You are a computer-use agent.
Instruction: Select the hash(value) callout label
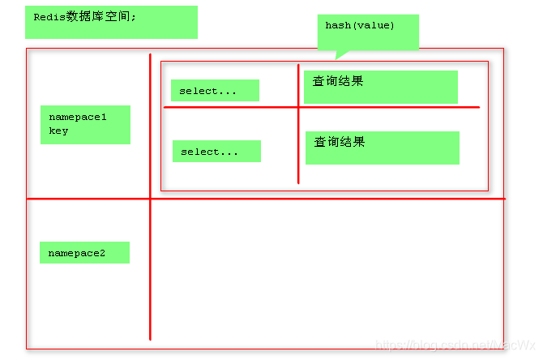366,31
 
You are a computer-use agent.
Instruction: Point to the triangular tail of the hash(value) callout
341,54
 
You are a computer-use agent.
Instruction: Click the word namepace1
77,117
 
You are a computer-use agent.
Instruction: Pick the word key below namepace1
58,131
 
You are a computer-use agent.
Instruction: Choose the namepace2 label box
84,253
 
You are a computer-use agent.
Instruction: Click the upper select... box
215,91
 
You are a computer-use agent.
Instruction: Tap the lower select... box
216,152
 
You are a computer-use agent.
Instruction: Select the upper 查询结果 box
380,87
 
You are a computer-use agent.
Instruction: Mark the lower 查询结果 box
382,148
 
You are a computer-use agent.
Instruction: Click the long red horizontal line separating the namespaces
324,199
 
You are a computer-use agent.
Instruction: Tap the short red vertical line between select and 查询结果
298,146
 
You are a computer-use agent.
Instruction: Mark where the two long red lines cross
150,199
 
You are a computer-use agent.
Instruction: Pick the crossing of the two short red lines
298,107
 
